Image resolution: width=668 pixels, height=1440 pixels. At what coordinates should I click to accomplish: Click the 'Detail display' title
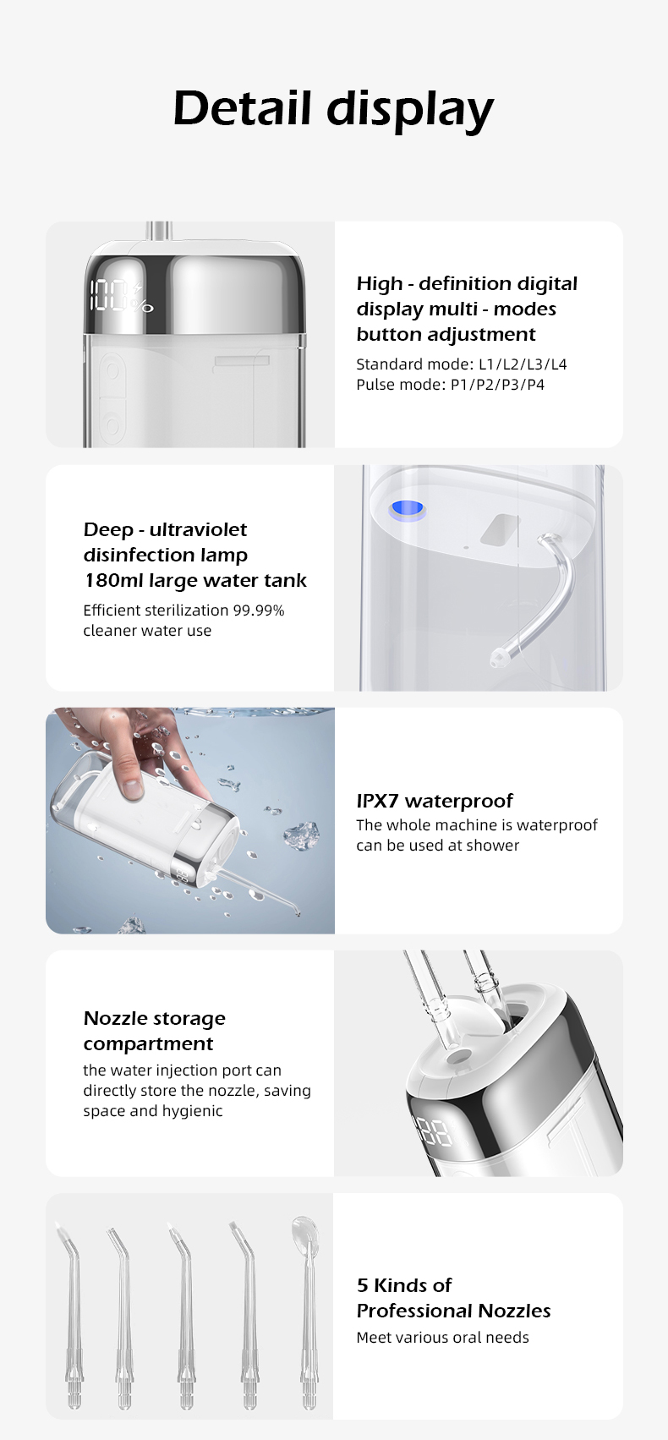[x=333, y=109]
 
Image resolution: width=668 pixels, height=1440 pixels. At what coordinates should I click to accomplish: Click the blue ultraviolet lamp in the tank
[x=408, y=510]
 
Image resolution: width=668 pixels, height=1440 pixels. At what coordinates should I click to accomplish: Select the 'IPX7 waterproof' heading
[x=435, y=801]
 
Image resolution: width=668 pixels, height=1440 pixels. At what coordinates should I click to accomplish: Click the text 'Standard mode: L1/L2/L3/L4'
[x=462, y=364]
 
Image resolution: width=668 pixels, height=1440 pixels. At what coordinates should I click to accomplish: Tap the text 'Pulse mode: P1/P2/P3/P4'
[x=450, y=385]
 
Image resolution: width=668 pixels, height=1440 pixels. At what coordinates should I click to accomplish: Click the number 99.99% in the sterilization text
[x=259, y=610]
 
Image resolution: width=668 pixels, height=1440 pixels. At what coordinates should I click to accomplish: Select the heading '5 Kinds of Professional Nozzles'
[x=453, y=1298]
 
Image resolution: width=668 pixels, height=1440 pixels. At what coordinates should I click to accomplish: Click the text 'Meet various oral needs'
[x=442, y=1338]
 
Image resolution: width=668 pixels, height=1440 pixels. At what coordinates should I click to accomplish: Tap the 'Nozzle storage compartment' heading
[x=154, y=1031]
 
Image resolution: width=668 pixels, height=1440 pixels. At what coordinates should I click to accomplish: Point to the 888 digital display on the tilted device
[x=435, y=1132]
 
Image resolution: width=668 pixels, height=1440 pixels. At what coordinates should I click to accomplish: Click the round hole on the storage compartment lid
[x=460, y=1056]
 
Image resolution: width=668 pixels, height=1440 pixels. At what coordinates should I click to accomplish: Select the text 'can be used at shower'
[x=437, y=846]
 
